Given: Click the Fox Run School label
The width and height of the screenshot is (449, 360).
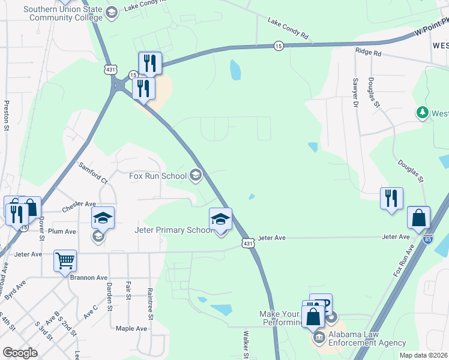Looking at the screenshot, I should tap(158, 176).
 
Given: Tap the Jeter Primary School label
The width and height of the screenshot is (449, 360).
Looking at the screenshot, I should tap(170, 230).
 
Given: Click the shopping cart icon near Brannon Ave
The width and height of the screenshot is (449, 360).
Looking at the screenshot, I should tap(65, 261).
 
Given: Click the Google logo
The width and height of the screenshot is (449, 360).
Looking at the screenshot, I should tap(20, 352).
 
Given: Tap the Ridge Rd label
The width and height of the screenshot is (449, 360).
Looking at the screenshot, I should tap(368, 53).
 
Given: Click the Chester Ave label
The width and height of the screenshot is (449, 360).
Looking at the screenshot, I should tap(79, 211).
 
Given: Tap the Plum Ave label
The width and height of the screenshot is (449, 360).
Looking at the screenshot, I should tap(62, 231).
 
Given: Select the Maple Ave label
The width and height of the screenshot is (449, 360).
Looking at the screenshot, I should tap(131, 328).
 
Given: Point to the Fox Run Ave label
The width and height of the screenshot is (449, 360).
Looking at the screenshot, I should tap(404, 260).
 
